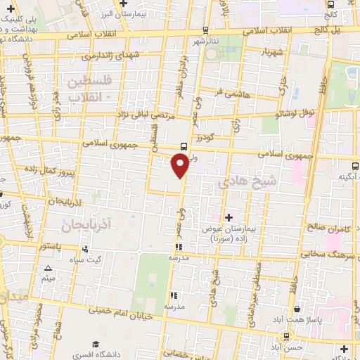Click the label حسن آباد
point(289,347)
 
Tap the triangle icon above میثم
point(48,269)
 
